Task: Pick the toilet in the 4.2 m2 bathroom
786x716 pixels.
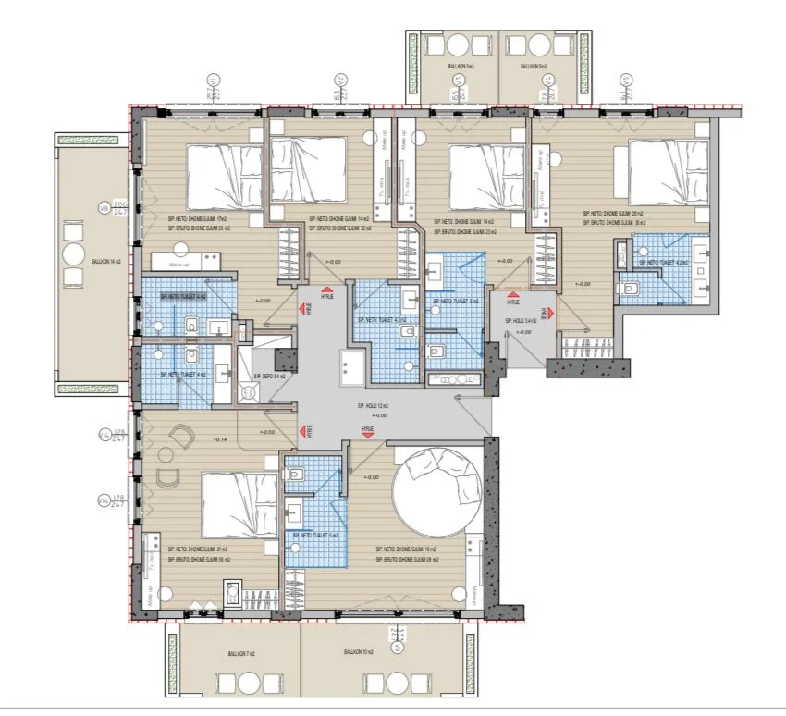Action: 629,289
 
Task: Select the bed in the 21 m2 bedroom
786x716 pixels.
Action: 239,505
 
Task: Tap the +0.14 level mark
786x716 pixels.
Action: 218,439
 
